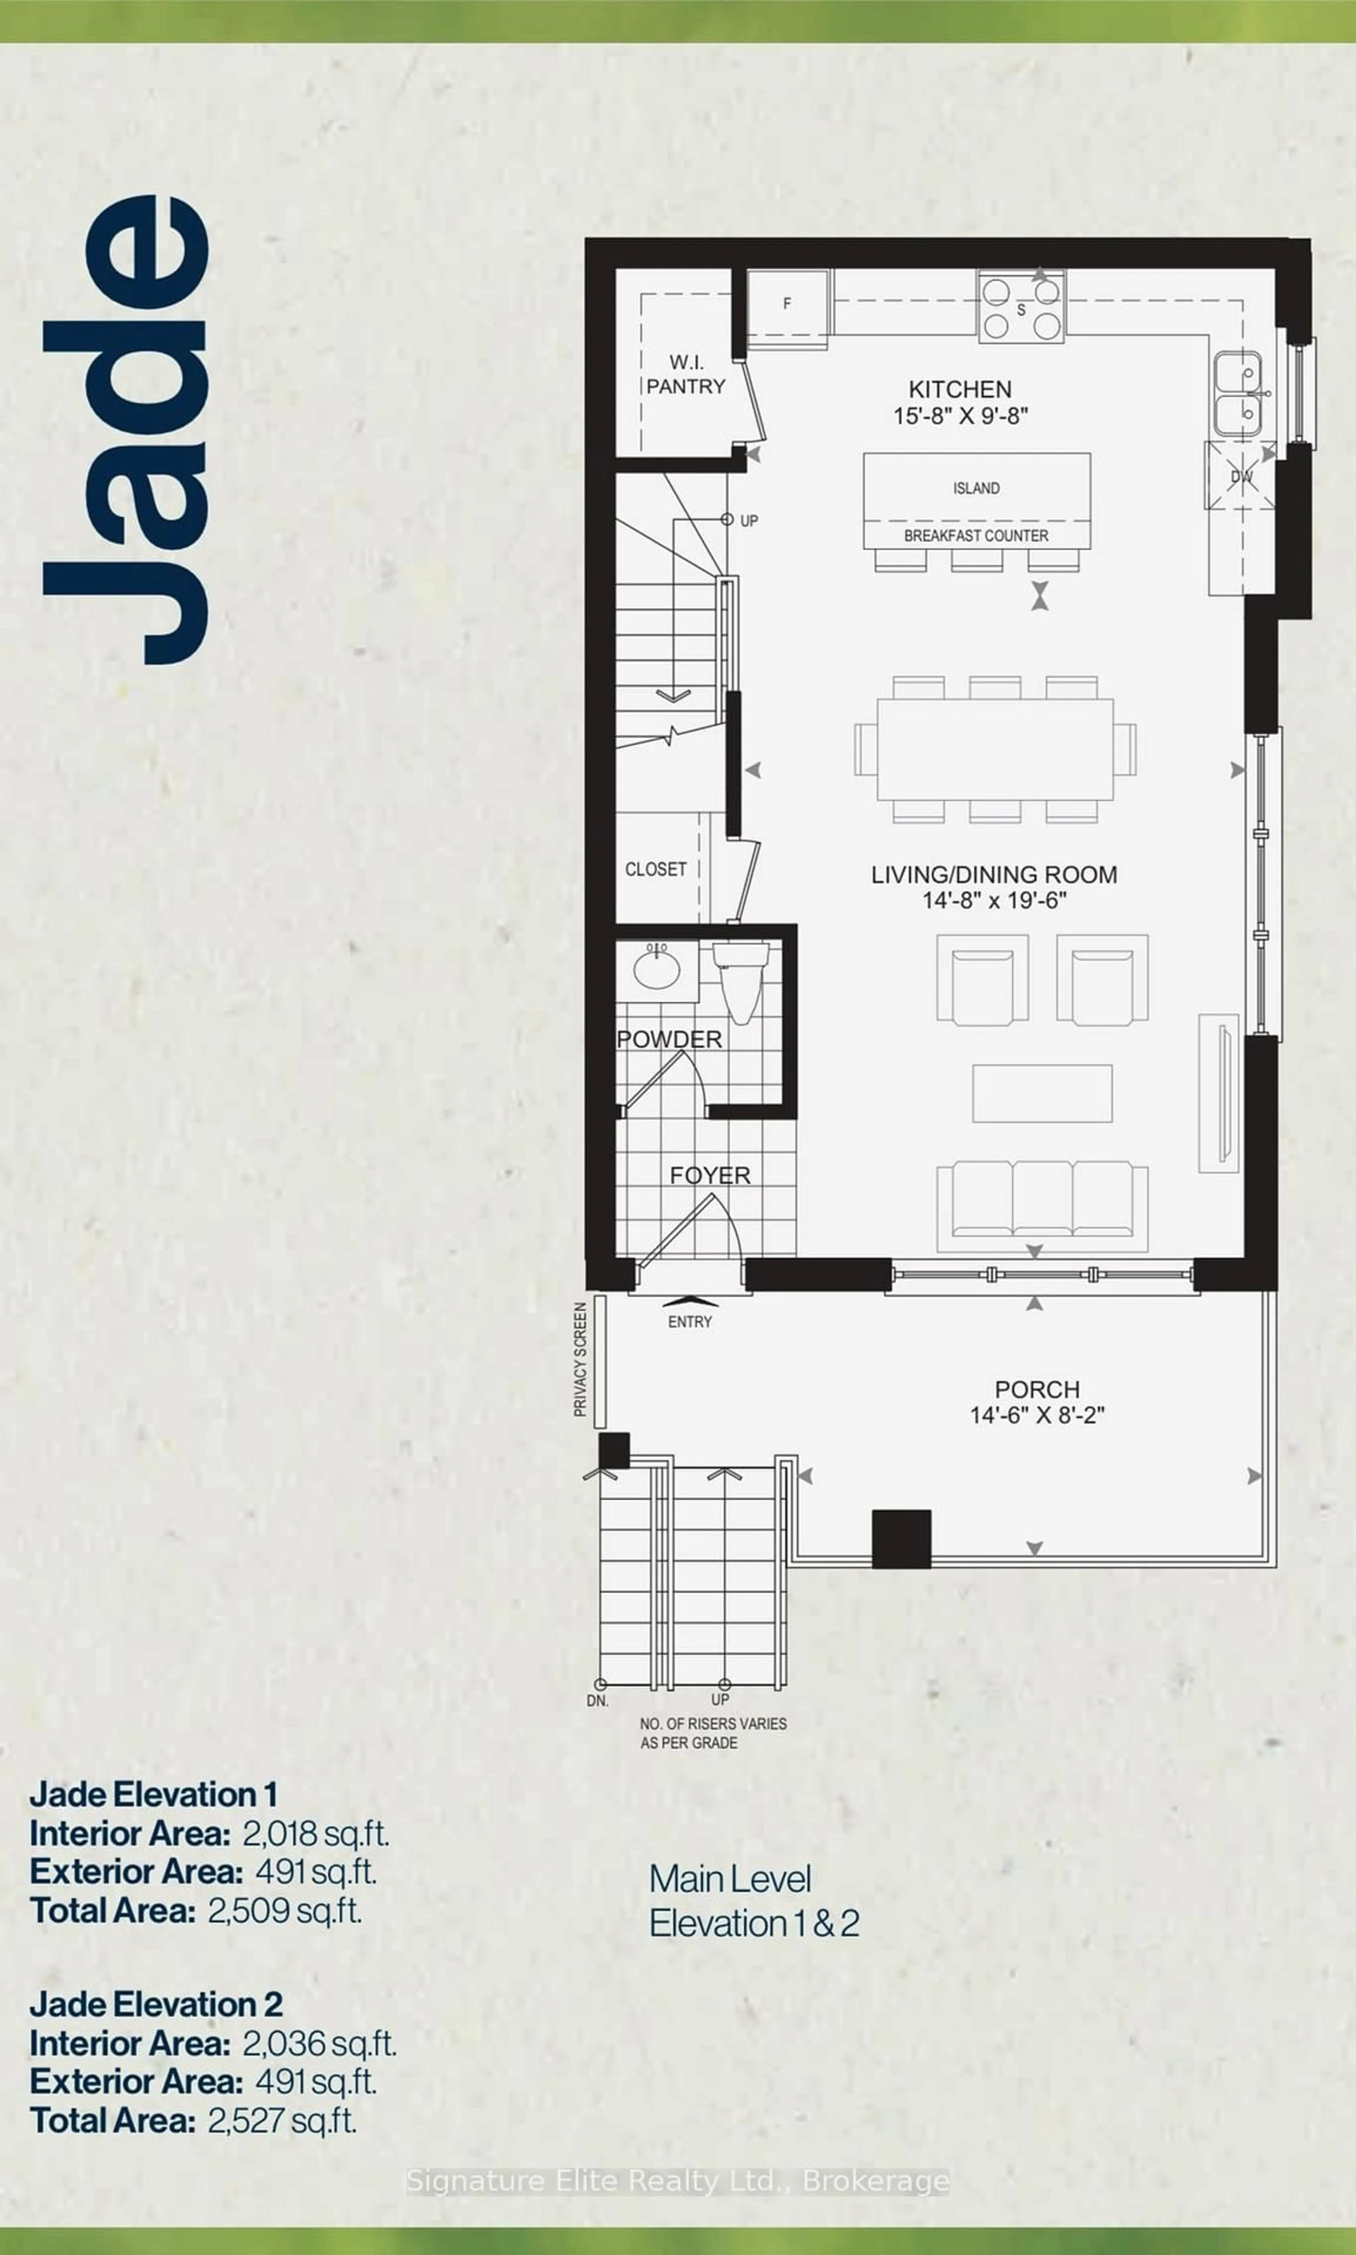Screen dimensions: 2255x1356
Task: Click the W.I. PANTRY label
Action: [685, 374]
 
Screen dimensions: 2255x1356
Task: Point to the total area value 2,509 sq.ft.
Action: [285, 1910]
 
